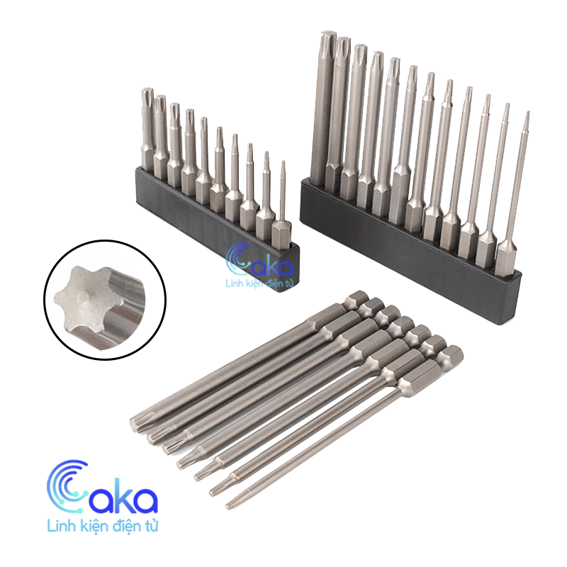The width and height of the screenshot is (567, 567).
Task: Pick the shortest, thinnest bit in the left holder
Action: [282, 206]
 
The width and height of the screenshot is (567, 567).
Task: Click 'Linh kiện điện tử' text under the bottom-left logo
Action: [103, 526]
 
